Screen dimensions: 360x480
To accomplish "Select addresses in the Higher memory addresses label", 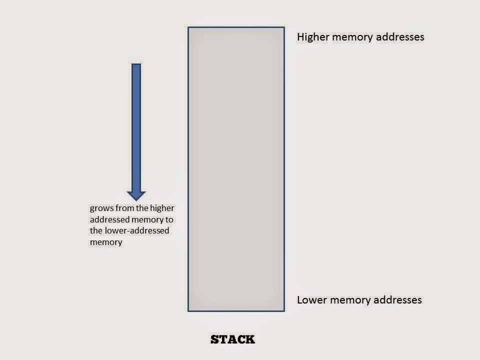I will [x=403, y=37].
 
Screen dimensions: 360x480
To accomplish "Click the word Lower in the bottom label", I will [x=310, y=300].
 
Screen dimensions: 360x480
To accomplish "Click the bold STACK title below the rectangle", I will [x=232, y=339].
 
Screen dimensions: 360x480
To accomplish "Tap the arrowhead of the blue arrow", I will [x=136, y=195].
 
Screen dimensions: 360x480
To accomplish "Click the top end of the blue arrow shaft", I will [x=136, y=65].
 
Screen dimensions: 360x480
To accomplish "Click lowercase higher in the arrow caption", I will [x=161, y=208].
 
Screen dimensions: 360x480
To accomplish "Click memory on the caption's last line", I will [x=106, y=242].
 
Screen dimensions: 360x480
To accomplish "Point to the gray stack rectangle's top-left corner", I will [x=188, y=27].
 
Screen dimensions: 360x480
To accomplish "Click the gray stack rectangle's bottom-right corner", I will [x=283, y=310].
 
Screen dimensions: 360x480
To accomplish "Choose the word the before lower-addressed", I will [x=96, y=231].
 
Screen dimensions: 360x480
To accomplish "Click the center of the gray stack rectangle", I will [x=236, y=169].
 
